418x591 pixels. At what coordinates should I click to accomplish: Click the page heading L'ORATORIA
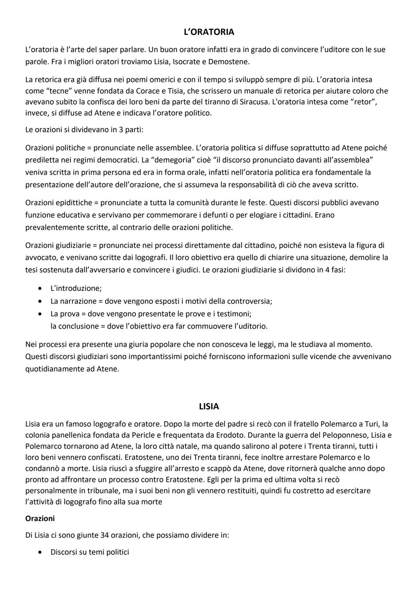pos(209,32)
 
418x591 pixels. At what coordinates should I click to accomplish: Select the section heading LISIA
pos(209,406)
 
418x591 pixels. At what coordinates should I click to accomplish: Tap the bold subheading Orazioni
pos(40,518)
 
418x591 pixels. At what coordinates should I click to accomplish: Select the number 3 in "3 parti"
pos(121,130)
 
